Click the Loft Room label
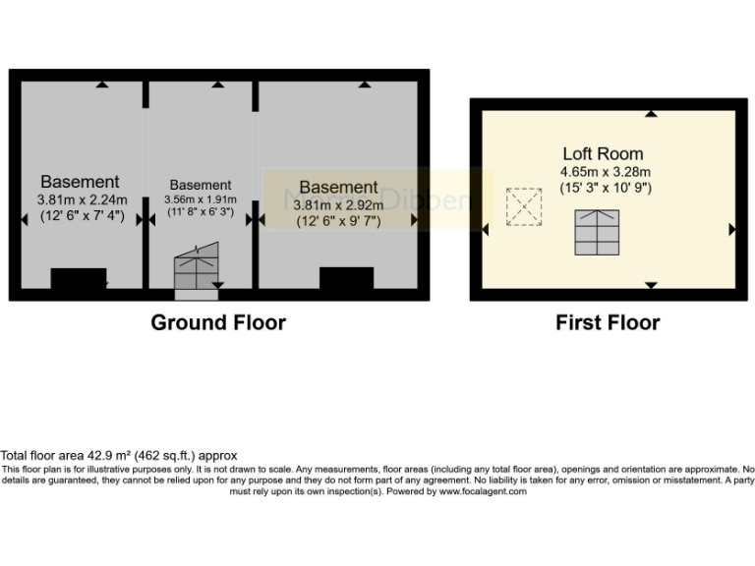[603, 153]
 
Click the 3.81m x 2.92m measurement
[338, 204]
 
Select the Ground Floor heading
[218, 322]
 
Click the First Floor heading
[608, 322]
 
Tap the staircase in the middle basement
[196, 269]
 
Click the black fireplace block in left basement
[79, 279]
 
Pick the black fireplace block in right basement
[346, 278]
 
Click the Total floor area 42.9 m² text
[119, 456]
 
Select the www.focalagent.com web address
[483, 491]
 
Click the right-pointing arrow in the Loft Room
[731, 229]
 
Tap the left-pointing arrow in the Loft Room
[486, 229]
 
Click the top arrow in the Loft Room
[651, 114]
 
